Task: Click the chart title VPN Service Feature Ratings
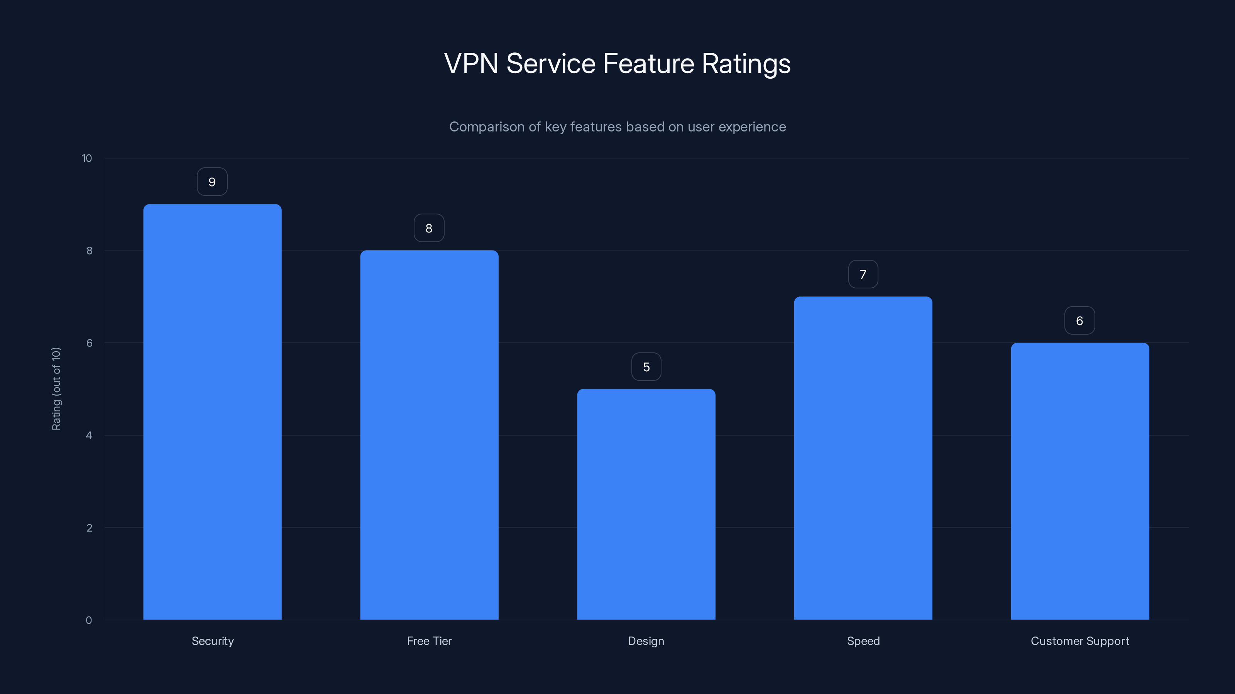coord(617,64)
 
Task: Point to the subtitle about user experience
coord(617,127)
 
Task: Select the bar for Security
coord(212,412)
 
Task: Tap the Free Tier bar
coord(429,435)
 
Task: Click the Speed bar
coord(863,458)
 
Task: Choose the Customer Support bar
coord(1080,481)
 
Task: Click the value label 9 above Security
coord(212,182)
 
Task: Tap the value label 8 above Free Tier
coord(429,228)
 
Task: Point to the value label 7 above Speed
coord(863,275)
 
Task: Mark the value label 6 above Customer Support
coord(1079,321)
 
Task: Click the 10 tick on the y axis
coord(87,158)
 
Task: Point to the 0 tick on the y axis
coord(89,620)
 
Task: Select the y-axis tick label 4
coord(89,435)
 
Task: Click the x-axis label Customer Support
coord(1080,641)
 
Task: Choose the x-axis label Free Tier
coord(429,641)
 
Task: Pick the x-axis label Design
coord(646,641)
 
